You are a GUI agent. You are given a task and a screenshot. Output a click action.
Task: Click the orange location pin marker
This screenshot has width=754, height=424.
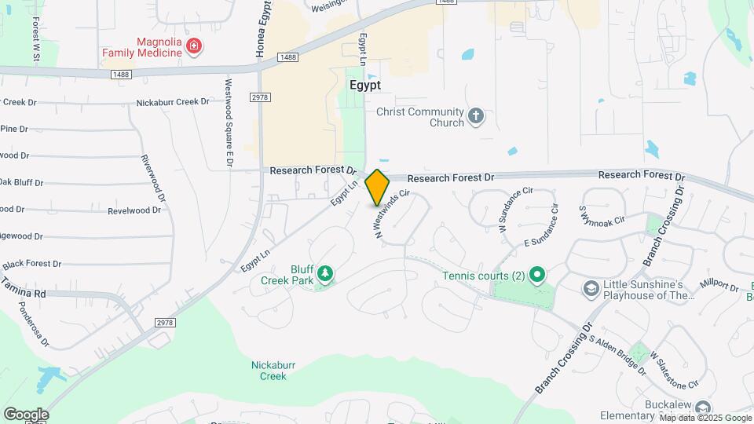pyautogui.click(x=378, y=187)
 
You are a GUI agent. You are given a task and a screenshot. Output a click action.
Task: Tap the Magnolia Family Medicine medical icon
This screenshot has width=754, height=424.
pyautogui.click(x=193, y=49)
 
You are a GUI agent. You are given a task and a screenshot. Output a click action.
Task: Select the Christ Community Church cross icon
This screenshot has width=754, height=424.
pyautogui.click(x=475, y=117)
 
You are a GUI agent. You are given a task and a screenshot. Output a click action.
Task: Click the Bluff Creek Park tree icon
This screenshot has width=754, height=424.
pyautogui.click(x=324, y=274)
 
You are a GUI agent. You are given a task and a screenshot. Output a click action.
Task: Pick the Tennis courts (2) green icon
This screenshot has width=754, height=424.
pyautogui.click(x=537, y=275)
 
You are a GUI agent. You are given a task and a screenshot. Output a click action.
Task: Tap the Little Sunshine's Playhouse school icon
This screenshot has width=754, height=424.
pyautogui.click(x=590, y=290)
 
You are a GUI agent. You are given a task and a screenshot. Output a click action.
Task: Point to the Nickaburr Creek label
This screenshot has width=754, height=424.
pyautogui.click(x=269, y=370)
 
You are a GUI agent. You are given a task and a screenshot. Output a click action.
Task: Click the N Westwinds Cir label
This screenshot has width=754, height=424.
pyautogui.click(x=392, y=214)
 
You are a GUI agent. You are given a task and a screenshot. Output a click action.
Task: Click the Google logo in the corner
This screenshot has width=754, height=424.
pyautogui.click(x=26, y=414)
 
